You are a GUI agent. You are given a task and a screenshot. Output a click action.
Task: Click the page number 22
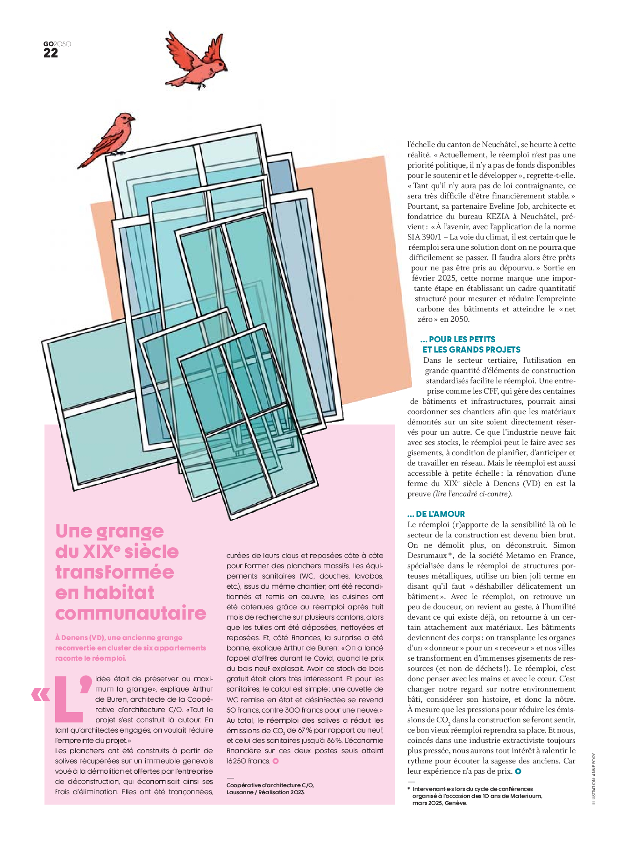tap(50, 53)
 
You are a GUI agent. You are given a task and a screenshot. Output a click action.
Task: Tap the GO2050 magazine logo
tap(57, 44)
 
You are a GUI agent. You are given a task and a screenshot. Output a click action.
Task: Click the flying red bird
tap(196, 60)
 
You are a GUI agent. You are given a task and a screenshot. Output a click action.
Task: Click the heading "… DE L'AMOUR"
tap(436, 514)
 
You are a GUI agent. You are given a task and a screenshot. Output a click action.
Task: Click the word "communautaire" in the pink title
tap(130, 613)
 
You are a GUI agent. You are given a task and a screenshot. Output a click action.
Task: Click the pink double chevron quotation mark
tap(41, 694)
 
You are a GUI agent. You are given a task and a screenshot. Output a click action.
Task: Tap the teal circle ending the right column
tap(518, 771)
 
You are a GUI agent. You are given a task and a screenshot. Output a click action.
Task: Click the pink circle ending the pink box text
tap(275, 761)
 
